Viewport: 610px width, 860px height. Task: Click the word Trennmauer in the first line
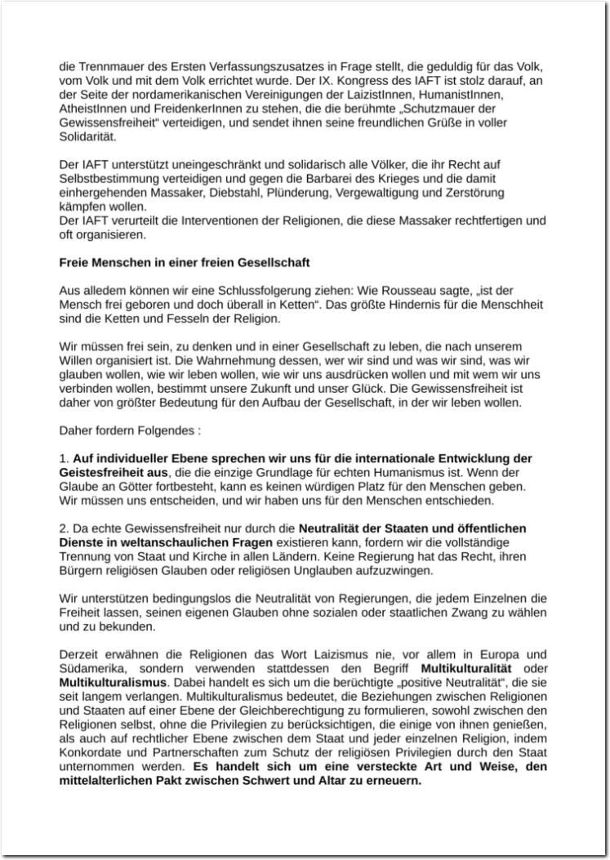(104, 65)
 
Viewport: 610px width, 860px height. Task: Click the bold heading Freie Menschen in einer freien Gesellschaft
(184, 263)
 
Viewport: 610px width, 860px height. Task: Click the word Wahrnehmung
(260, 361)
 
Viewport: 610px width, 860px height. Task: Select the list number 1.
(65, 458)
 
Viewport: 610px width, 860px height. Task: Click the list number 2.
(65, 528)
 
